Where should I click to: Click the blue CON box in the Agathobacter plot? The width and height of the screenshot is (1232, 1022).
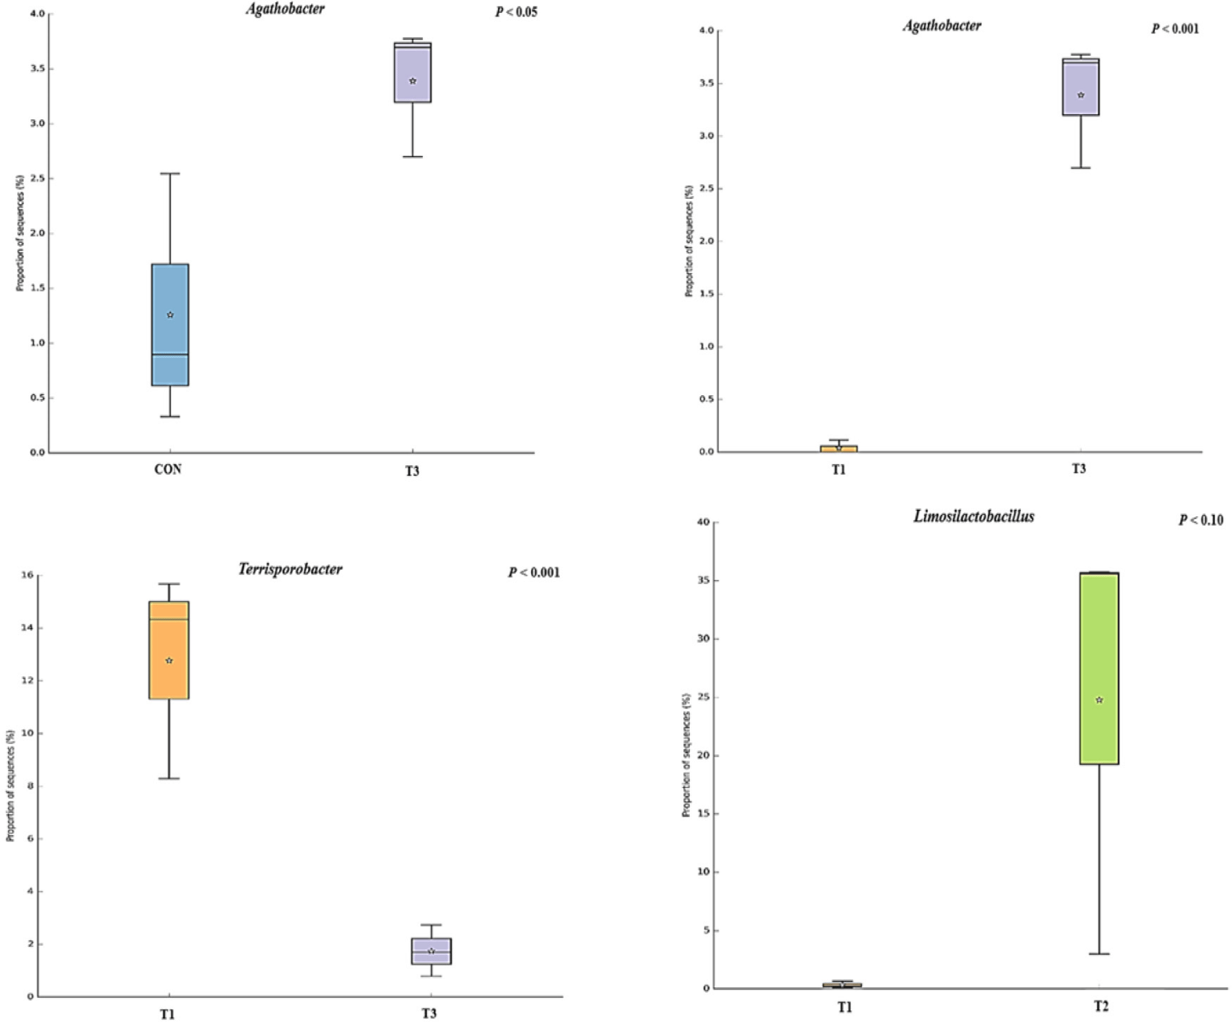pyautogui.click(x=170, y=294)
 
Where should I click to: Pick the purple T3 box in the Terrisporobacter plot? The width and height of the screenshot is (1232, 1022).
pyautogui.click(x=431, y=951)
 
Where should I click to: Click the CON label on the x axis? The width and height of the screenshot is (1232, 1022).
pyautogui.click(x=168, y=469)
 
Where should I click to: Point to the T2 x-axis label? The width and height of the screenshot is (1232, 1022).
pyautogui.click(x=1101, y=1006)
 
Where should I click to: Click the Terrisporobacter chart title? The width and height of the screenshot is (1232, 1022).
pyautogui.click(x=290, y=569)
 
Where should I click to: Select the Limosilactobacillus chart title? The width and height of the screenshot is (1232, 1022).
pyautogui.click(x=973, y=516)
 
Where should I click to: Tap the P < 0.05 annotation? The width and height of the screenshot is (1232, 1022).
pyautogui.click(x=516, y=12)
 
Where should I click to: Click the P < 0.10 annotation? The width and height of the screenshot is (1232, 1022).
pyautogui.click(x=1200, y=520)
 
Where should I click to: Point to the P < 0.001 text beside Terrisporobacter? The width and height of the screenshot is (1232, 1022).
pyautogui.click(x=533, y=572)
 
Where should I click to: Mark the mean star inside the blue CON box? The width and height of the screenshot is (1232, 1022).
pyautogui.click(x=170, y=315)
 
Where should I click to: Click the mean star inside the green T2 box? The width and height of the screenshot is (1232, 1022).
pyautogui.click(x=1099, y=700)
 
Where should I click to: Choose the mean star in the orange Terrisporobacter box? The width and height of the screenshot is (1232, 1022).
pyautogui.click(x=169, y=661)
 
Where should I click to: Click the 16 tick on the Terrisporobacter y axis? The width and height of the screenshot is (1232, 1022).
pyautogui.click(x=27, y=575)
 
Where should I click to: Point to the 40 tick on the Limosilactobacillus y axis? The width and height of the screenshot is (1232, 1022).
pyautogui.click(x=704, y=522)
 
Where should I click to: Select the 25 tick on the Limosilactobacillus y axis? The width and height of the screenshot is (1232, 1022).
pyautogui.click(x=704, y=697)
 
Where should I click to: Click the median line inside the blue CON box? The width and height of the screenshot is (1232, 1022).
pyautogui.click(x=170, y=355)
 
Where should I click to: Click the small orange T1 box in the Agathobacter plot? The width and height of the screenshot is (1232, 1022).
pyautogui.click(x=839, y=448)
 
